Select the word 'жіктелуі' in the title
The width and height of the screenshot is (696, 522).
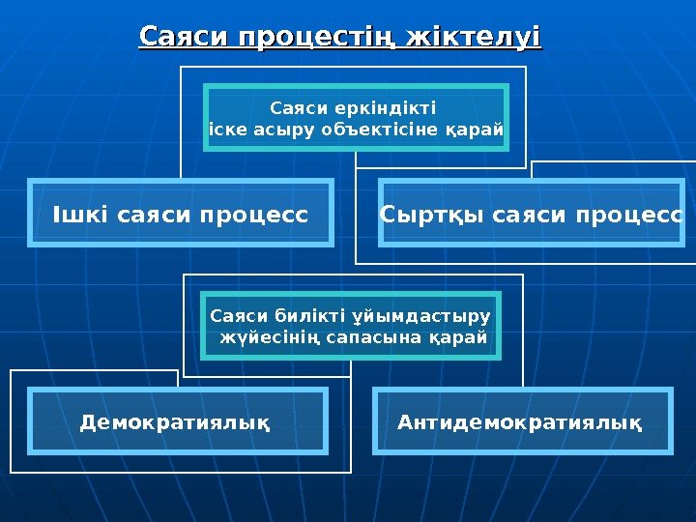[x=475, y=38]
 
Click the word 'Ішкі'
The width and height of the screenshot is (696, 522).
[x=80, y=213]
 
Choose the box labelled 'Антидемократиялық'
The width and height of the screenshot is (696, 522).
[x=520, y=421]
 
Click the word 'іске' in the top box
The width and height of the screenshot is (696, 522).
[x=228, y=129]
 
